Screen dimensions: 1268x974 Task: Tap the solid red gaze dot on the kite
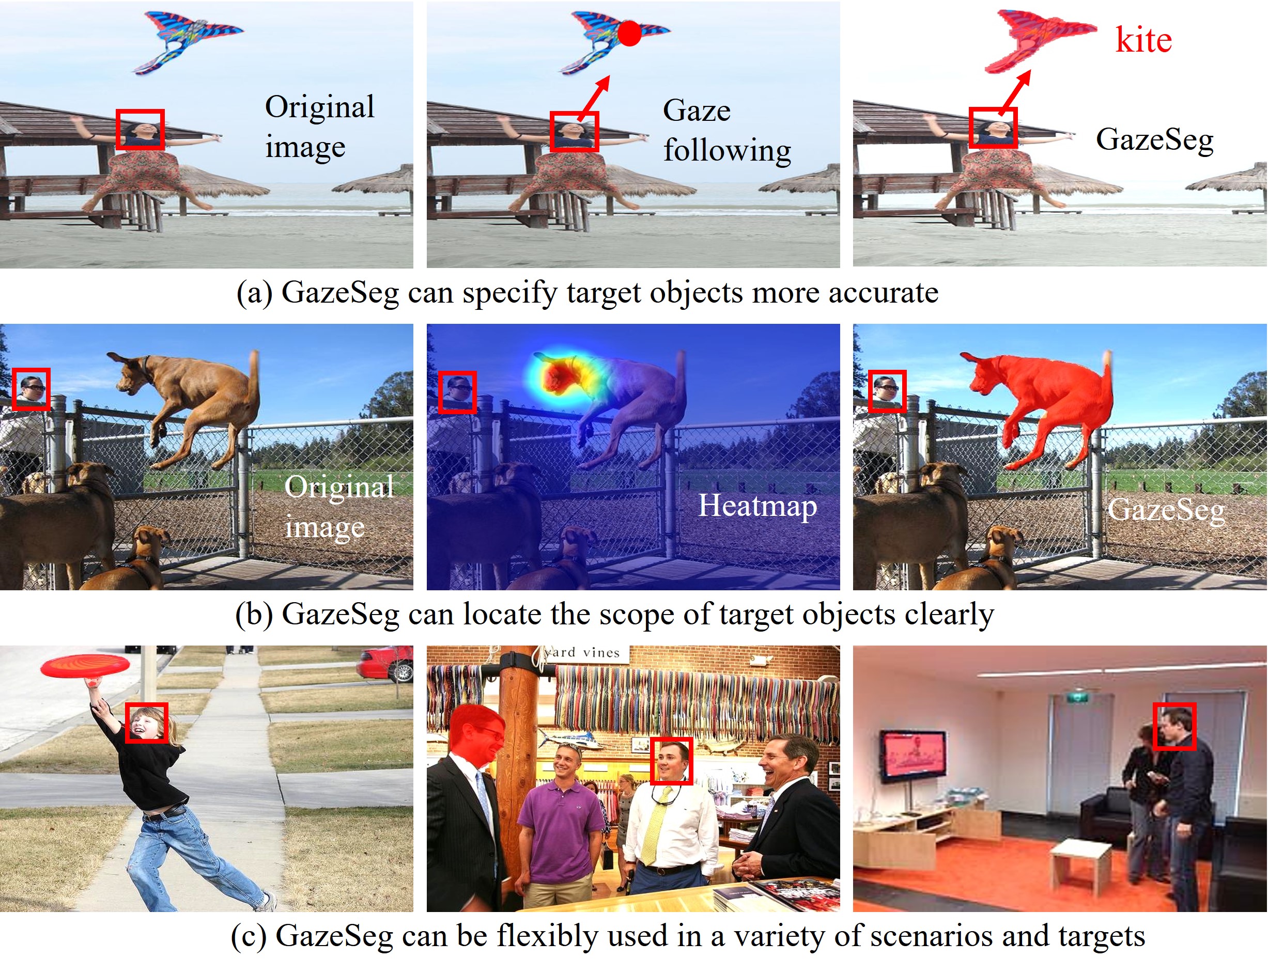(629, 33)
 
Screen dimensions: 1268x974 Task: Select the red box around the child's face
(147, 722)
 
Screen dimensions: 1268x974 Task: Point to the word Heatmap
(757, 506)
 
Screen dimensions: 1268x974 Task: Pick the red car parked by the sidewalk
(385, 664)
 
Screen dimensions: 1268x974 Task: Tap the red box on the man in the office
(1174, 727)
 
